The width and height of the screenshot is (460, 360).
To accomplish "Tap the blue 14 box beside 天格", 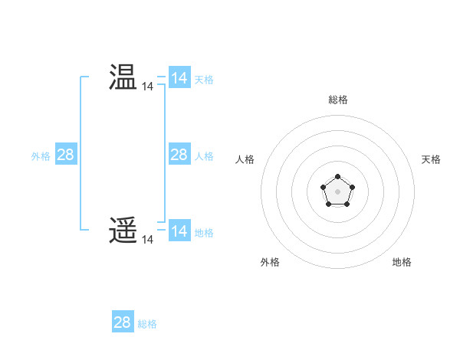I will [x=179, y=78].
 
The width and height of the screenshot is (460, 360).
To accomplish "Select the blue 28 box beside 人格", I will [x=179, y=155].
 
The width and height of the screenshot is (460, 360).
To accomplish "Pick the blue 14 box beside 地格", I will [x=179, y=231].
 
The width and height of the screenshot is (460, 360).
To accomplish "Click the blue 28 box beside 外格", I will [x=65, y=155].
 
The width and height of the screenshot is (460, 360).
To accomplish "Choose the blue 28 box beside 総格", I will [x=122, y=322].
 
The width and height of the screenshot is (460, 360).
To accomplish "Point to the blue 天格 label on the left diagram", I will [x=204, y=79].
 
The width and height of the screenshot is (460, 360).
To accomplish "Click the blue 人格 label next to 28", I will [x=204, y=155].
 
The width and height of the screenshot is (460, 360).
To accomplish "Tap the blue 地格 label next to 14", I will [x=204, y=232].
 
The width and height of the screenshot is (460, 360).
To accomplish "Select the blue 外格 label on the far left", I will [x=41, y=155].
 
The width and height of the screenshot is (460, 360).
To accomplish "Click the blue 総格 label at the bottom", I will [x=147, y=323].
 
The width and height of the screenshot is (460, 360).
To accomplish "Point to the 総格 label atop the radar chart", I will [x=337, y=100].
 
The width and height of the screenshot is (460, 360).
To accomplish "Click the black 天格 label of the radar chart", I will [x=432, y=159].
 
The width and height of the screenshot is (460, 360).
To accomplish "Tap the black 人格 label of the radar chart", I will [x=245, y=159].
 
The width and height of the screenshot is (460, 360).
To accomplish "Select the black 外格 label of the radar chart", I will [x=270, y=262].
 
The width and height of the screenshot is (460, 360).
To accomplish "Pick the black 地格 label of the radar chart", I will [x=402, y=262].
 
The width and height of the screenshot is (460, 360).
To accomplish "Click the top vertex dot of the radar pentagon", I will [x=337, y=177].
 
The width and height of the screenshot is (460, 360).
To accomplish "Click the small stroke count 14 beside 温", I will [x=147, y=87].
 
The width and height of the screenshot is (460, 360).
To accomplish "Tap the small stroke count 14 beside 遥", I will [x=147, y=240].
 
